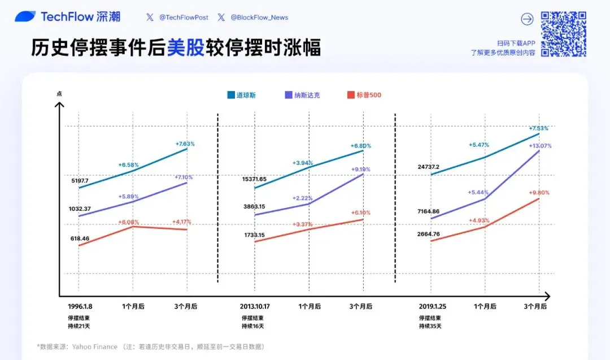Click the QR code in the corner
(564, 34)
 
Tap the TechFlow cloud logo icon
(25, 16)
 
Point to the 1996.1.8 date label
(80, 306)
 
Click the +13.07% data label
(540, 146)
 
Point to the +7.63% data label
(185, 144)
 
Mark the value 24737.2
(429, 167)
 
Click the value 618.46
(80, 239)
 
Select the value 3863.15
(254, 207)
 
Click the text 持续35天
(430, 326)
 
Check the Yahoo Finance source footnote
(151, 346)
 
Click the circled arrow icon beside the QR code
(527, 19)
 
